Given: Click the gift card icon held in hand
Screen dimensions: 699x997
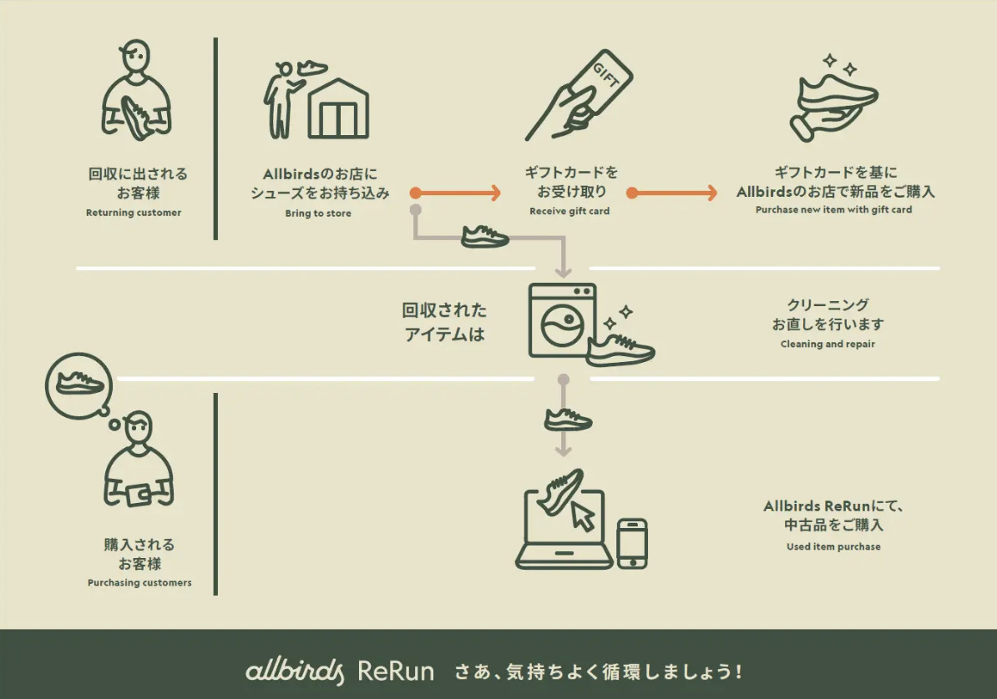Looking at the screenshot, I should tap(598, 86).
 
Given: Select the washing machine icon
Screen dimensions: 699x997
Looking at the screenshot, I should tap(562, 320).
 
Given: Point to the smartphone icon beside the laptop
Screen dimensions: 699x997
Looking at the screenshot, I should tap(632, 543).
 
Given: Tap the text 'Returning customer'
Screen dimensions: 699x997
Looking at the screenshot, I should tap(134, 213).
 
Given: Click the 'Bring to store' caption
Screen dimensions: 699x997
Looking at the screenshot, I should tap(318, 214).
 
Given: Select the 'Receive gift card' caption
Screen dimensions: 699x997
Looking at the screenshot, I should tap(569, 212).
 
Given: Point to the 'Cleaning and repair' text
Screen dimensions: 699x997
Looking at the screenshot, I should tap(827, 344).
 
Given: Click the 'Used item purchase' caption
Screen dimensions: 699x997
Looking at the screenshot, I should tap(833, 547).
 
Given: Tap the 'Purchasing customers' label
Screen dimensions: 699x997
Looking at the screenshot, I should tap(139, 583).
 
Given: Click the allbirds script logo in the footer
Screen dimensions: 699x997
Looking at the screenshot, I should tap(295, 671).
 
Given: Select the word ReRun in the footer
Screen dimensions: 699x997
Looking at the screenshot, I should tap(396, 671).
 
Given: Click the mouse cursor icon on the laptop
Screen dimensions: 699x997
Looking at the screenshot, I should tap(583, 517).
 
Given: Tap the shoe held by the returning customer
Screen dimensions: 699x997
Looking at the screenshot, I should tap(136, 117).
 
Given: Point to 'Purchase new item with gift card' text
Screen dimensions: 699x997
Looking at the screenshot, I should tap(833, 210).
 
